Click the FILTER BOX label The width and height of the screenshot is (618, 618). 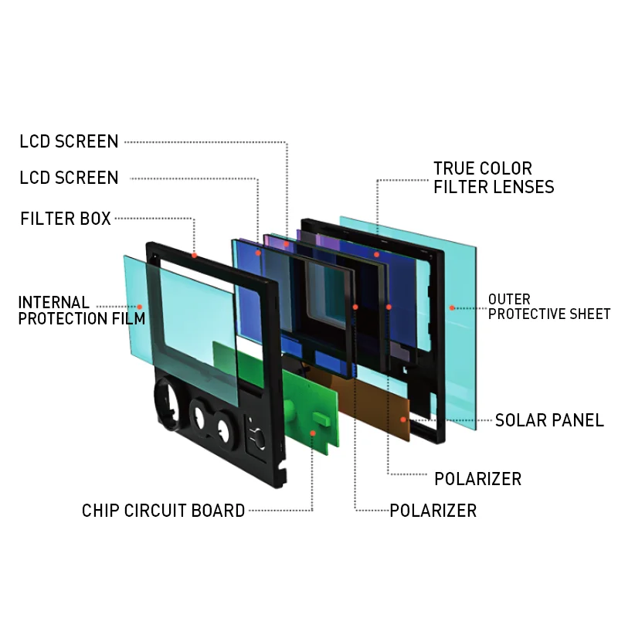[66, 219]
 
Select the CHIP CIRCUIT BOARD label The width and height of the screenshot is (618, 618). [164, 511]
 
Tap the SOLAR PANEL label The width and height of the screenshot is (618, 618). [549, 420]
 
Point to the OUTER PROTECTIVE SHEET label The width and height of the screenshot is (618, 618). [549, 307]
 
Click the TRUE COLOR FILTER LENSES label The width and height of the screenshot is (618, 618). [494, 178]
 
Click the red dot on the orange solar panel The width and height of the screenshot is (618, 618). [403, 419]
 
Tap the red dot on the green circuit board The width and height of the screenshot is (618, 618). [313, 432]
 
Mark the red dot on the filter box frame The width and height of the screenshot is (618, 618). [194, 255]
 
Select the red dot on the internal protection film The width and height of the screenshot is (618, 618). [139, 307]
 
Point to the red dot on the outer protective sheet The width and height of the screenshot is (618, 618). [450, 307]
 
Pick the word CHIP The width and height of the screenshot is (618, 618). [100, 511]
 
